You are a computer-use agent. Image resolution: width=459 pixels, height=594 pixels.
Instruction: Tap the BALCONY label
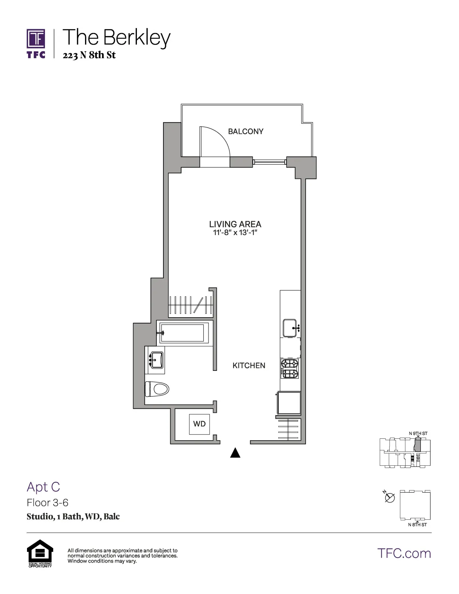[x=246, y=131]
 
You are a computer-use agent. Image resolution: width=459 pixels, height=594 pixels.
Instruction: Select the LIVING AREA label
[x=235, y=224]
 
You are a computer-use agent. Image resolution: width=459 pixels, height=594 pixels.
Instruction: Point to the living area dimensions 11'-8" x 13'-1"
[x=235, y=233]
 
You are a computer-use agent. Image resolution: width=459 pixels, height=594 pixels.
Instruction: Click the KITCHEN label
[x=249, y=366]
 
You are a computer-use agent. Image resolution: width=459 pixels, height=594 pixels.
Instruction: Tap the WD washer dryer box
[x=199, y=424]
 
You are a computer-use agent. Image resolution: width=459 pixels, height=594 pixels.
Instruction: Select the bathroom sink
[x=156, y=360]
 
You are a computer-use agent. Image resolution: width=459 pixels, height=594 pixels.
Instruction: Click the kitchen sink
[x=290, y=328]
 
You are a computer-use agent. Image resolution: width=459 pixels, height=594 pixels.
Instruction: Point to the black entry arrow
[x=235, y=453]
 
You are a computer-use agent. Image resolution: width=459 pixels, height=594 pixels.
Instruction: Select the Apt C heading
[x=43, y=487]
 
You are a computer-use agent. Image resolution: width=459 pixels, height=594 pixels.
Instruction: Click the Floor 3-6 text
[x=48, y=502]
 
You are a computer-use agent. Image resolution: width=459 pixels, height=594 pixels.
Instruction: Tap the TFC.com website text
[x=404, y=553]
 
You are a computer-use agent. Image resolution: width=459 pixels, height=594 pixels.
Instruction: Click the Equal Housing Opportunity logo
[x=40, y=553]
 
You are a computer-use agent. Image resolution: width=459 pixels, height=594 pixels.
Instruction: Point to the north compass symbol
[x=390, y=498]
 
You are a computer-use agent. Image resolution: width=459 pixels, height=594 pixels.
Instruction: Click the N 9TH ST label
[x=418, y=433]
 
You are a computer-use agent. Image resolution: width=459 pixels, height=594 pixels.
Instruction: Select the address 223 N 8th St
[x=89, y=55]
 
